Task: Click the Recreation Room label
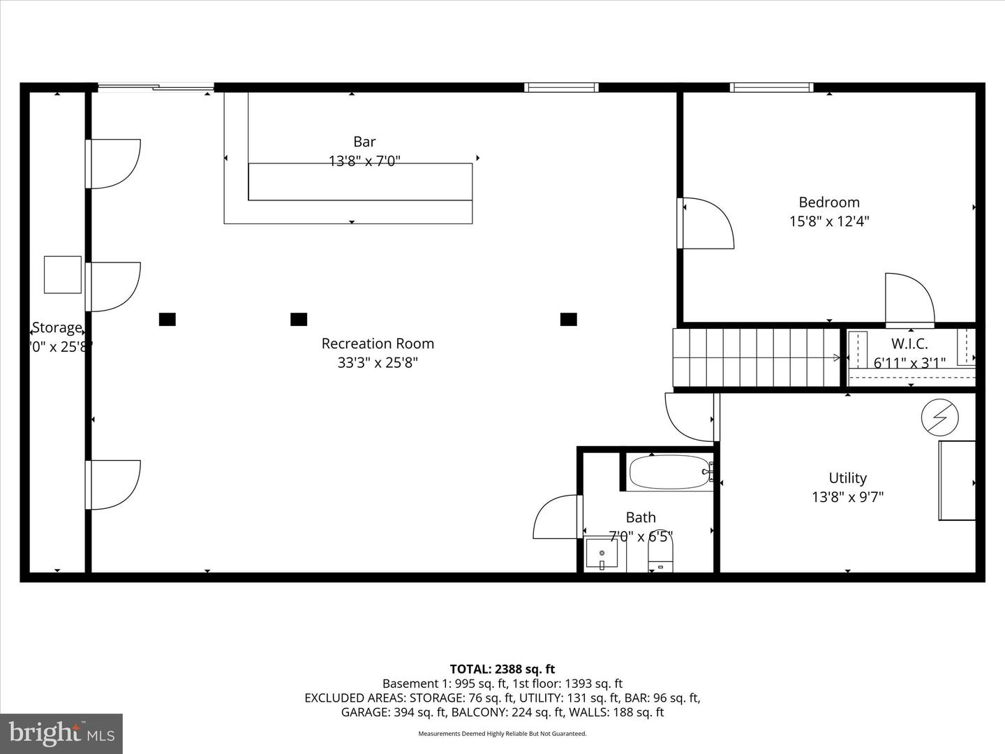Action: (x=378, y=343)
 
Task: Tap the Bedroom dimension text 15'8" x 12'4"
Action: (x=829, y=221)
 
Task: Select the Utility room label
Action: (x=847, y=478)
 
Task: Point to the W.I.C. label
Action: (x=909, y=343)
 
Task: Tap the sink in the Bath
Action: (x=602, y=554)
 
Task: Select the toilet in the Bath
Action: (x=660, y=557)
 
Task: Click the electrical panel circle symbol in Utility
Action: (x=936, y=417)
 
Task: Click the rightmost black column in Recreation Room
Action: (x=569, y=320)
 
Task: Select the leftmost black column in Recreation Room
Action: (x=167, y=320)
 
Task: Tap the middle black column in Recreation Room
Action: (x=299, y=320)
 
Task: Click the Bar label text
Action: (x=364, y=142)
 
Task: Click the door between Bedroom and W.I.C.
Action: (x=909, y=300)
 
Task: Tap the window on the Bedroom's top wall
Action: (x=771, y=87)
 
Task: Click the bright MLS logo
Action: (x=61, y=733)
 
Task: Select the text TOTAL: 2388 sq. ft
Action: (x=502, y=670)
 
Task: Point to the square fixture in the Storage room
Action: (x=63, y=275)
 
